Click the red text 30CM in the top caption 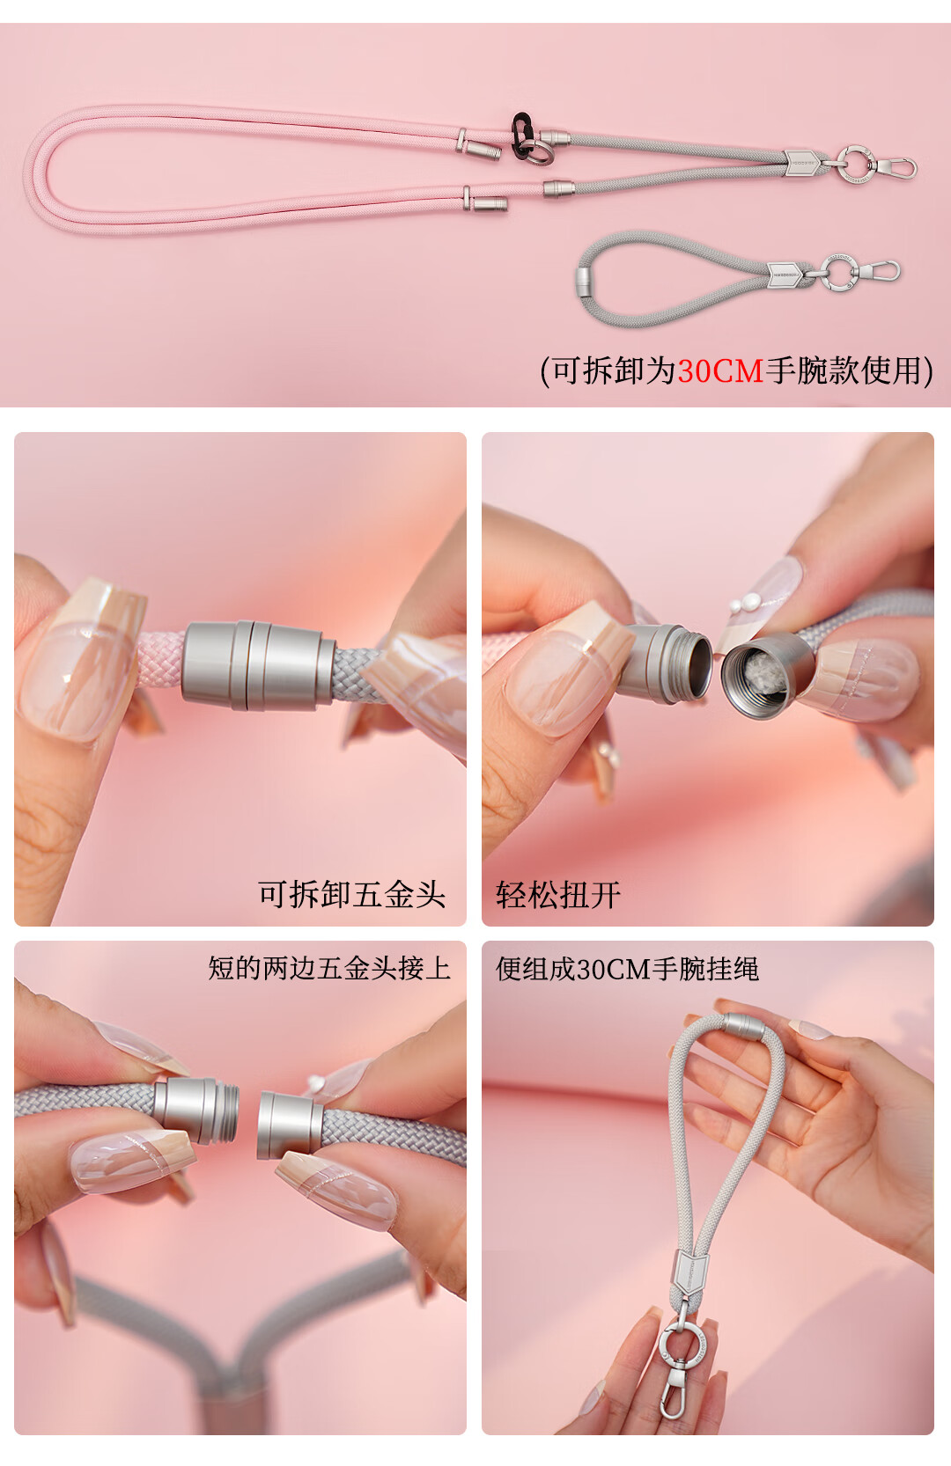pyautogui.click(x=720, y=371)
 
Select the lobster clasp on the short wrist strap pyautogui.click(x=880, y=269)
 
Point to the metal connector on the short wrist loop pyautogui.click(x=585, y=282)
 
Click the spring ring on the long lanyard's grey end pyautogui.click(x=856, y=164)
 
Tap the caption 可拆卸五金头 pyautogui.click(x=351, y=894)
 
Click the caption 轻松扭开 pyautogui.click(x=558, y=894)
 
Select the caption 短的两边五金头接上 pyautogui.click(x=329, y=968)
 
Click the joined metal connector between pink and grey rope pyautogui.click(x=259, y=665)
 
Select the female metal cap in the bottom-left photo pyautogui.click(x=291, y=1125)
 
